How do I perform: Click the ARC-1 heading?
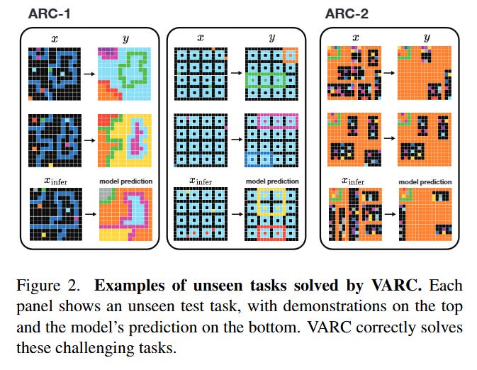click(x=49, y=13)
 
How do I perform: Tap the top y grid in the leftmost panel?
click(x=125, y=73)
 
